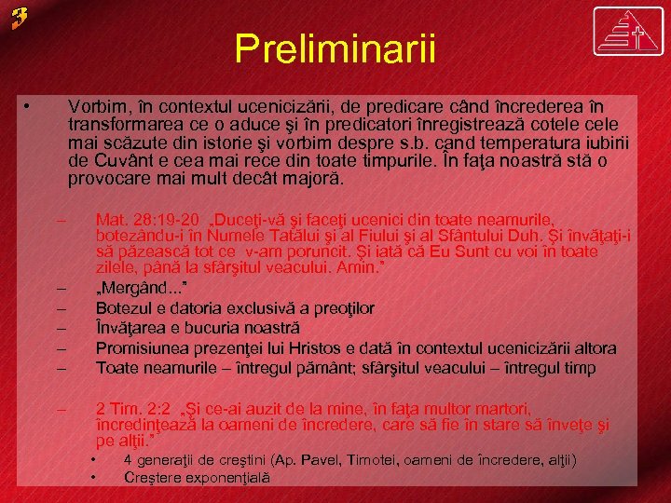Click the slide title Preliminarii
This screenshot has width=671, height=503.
pos(335,48)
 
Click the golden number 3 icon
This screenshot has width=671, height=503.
pos(21,18)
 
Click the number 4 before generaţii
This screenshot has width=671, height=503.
pos(129,460)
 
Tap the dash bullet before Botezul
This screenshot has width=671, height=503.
pos(62,307)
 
